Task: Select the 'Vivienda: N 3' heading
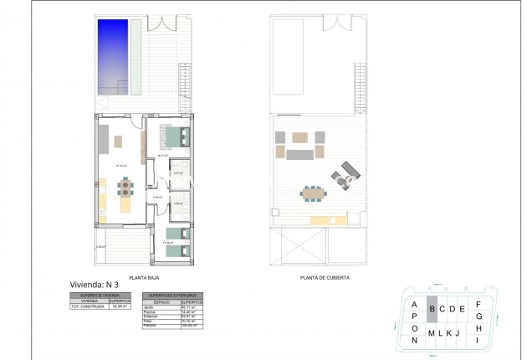click(94, 285)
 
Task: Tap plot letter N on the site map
click(414, 340)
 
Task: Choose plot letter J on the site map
click(458, 333)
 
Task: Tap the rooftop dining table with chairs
click(313, 193)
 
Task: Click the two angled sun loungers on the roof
click(344, 173)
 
